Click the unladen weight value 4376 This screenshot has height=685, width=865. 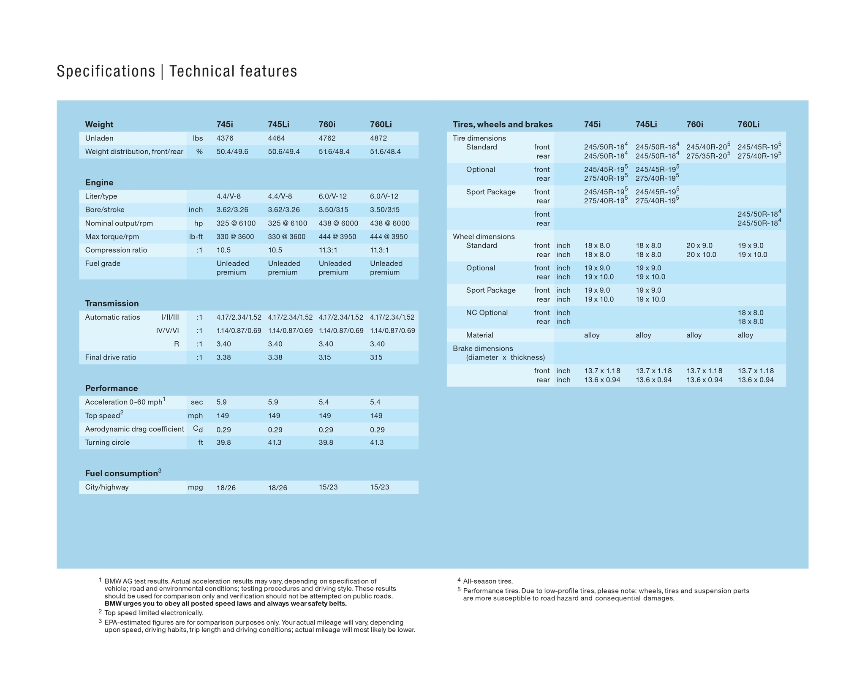(225, 139)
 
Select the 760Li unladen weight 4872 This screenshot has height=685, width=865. (378, 139)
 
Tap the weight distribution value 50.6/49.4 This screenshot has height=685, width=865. (284, 152)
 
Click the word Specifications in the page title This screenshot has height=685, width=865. (106, 71)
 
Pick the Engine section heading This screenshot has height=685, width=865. (99, 182)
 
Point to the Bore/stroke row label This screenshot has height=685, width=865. (105, 210)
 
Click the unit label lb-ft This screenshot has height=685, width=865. (196, 237)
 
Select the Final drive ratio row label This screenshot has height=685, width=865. (111, 357)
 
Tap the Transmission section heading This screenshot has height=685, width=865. (112, 303)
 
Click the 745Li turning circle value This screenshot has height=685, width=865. (275, 443)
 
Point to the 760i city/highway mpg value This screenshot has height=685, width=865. (328, 487)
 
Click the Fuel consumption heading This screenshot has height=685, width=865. (122, 473)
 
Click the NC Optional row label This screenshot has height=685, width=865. (487, 313)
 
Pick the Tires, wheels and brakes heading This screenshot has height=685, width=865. (503, 125)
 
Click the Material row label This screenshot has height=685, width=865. (479, 335)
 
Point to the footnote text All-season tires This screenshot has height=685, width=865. (488, 582)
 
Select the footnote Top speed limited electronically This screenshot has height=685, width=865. (154, 613)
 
